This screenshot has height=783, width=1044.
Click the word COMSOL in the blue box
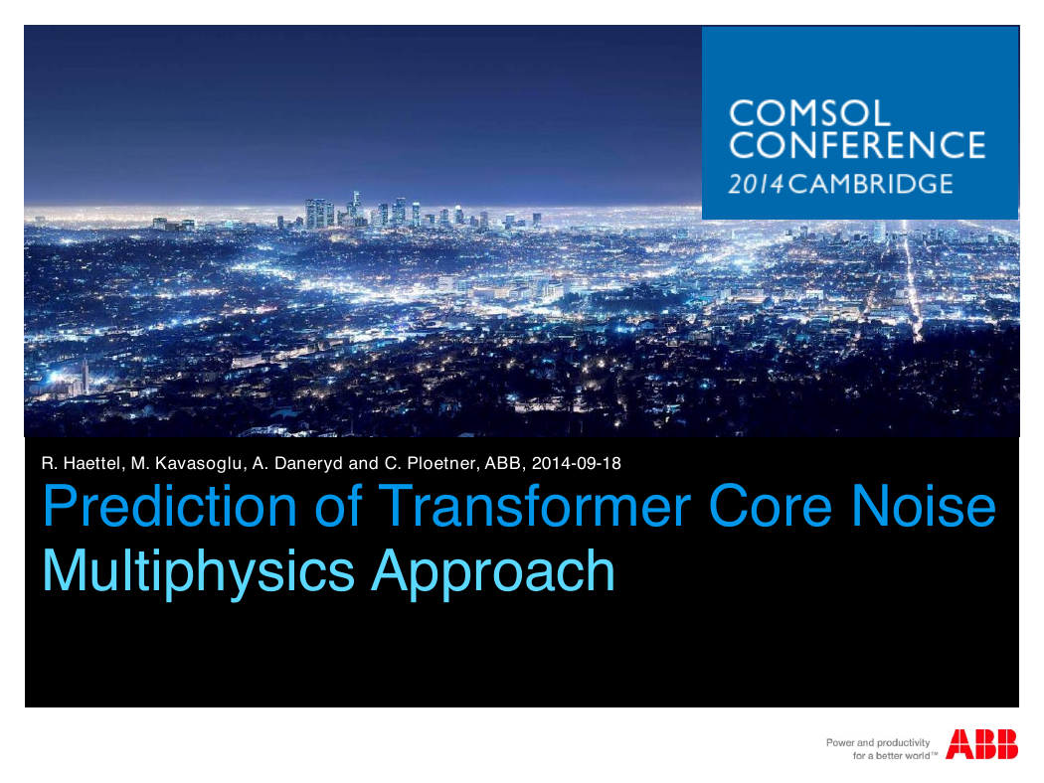[809, 113]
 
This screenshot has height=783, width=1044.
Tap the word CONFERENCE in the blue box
[857, 146]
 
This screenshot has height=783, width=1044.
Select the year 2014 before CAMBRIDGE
[757, 184]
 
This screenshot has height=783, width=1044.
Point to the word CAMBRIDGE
[871, 184]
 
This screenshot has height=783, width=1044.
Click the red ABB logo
[981, 744]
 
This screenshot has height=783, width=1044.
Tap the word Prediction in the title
[170, 506]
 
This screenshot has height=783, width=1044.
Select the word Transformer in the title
[536, 506]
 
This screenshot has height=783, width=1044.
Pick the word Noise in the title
[924, 506]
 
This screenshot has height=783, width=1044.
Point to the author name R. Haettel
[81, 464]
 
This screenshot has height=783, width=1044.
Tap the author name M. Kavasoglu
[187, 464]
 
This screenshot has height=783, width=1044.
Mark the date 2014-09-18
[577, 464]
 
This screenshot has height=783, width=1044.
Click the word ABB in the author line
[505, 464]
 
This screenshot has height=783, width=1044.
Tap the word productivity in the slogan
[903, 743]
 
